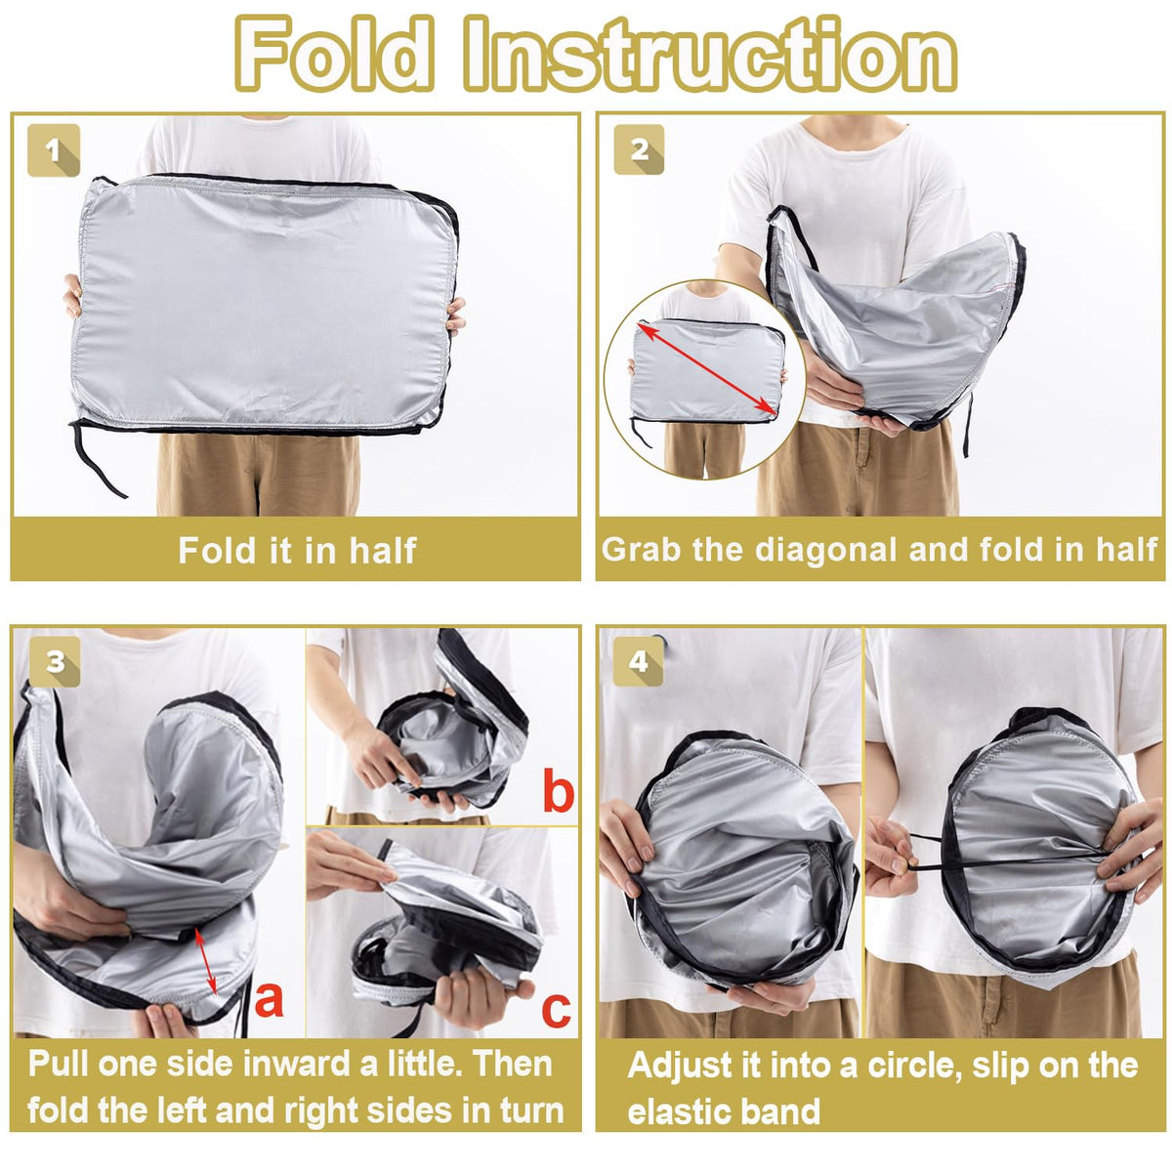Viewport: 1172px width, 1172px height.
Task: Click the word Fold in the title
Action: point(335,54)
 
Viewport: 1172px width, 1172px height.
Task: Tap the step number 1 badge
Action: point(54,150)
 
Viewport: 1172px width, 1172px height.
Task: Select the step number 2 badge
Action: point(639,150)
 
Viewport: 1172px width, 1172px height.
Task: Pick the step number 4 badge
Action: point(638,661)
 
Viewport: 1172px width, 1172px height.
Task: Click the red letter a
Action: point(269,999)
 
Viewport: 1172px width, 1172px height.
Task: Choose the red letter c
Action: point(556,1010)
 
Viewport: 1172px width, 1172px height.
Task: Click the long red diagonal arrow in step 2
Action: point(707,368)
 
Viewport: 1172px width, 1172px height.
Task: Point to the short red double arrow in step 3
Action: point(204,961)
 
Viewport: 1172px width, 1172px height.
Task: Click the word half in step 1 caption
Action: point(383,551)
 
